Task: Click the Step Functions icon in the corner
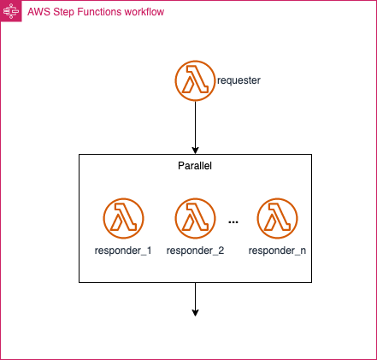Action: point(11,11)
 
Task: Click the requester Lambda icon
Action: point(195,80)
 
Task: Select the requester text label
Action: point(239,80)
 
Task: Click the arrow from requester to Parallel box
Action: point(195,127)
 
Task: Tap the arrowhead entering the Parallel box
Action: point(195,150)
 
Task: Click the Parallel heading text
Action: point(195,166)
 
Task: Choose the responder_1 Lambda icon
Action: point(123,218)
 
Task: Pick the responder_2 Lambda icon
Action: point(195,218)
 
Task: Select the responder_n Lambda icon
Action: point(277,218)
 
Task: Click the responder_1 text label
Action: point(123,251)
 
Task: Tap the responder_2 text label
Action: point(195,251)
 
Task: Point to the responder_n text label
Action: point(277,251)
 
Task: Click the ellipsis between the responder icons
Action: point(233,222)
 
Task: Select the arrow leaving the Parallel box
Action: point(195,299)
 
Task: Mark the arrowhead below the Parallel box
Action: point(195,313)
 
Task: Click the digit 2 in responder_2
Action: point(221,251)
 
